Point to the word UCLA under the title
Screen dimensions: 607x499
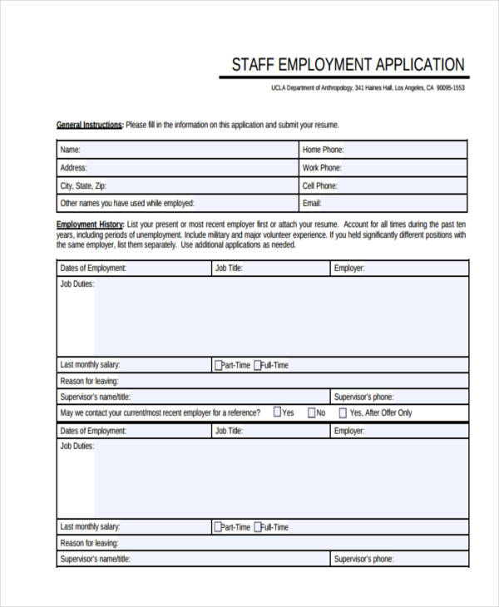click(x=279, y=88)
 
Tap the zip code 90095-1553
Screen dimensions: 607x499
click(x=449, y=88)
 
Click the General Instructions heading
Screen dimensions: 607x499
click(x=89, y=126)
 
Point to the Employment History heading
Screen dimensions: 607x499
click(x=90, y=225)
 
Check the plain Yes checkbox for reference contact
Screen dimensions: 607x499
click(x=277, y=412)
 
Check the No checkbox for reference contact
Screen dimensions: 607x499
click(x=311, y=412)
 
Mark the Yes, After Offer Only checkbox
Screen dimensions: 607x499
click(x=343, y=412)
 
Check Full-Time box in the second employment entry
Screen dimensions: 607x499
click(x=258, y=527)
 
